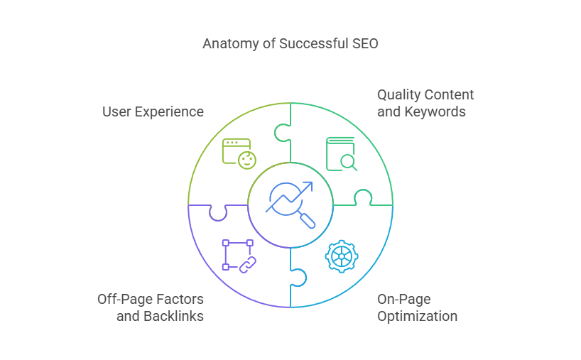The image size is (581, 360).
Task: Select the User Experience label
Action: tap(153, 112)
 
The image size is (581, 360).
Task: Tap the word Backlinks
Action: tap(173, 316)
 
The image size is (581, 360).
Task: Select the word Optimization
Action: tap(417, 317)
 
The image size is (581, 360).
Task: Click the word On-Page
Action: tap(404, 300)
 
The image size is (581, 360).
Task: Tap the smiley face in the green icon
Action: tap(247, 160)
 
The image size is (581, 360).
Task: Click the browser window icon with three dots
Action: tap(237, 151)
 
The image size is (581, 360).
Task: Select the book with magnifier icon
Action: tap(341, 154)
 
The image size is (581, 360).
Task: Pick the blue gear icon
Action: tap(341, 256)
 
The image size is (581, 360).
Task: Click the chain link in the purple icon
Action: tap(247, 265)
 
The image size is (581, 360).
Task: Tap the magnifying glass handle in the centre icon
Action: tap(307, 221)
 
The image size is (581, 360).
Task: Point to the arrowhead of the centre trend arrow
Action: tap(308, 185)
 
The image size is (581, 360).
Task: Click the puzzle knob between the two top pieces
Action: tap(282, 133)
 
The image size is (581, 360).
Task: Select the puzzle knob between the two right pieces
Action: tap(363, 196)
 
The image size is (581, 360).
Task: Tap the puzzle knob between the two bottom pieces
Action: tap(299, 278)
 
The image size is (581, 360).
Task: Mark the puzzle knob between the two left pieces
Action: tap(218, 214)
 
